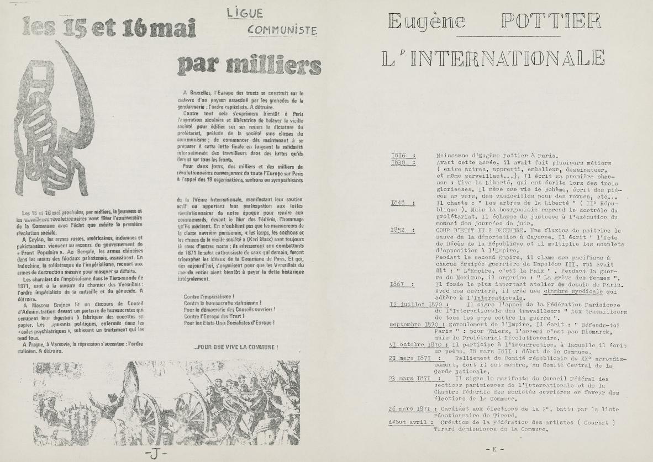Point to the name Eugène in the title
pos(426,22)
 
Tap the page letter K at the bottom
pos(495,449)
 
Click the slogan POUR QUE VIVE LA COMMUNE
pos(235,348)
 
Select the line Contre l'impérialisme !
pos(208,296)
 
